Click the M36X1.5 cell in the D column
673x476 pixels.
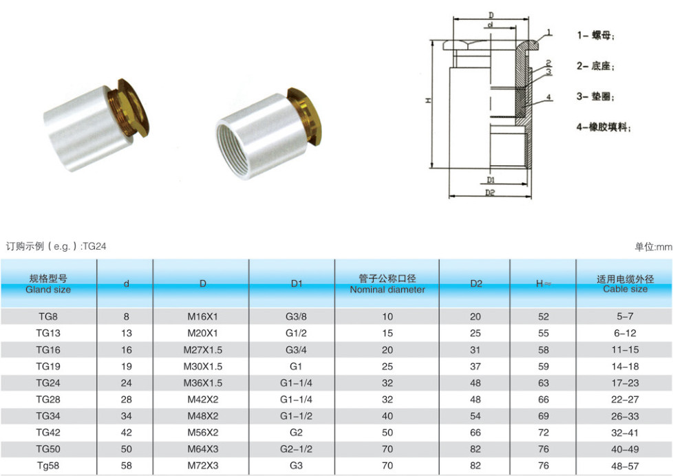point(202,383)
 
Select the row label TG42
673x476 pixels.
point(48,433)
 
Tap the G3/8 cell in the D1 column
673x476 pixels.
point(296,317)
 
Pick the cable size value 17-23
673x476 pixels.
point(625,383)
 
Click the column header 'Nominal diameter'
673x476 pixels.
point(387,290)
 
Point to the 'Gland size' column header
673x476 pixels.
point(48,290)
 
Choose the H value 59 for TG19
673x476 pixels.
point(544,367)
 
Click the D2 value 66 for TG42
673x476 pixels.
point(475,433)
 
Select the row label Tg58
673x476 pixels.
point(48,466)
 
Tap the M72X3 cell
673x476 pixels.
point(202,466)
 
